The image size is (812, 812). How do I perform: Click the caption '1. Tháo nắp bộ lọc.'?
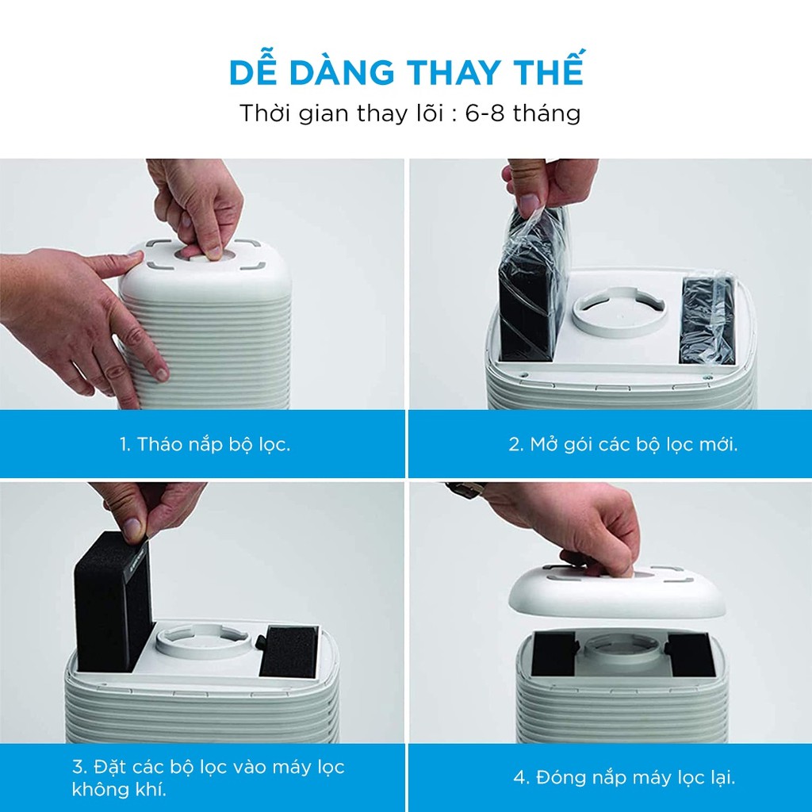205,444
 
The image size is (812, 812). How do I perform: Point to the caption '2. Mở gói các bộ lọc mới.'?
623,444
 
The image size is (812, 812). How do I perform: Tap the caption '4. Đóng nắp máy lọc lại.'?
625,777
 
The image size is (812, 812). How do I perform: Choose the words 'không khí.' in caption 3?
119,789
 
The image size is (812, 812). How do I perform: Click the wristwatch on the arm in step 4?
465,489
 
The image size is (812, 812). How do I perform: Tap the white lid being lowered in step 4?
616,593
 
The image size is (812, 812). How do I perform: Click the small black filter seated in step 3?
289,652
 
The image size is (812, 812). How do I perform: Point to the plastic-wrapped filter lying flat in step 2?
707,320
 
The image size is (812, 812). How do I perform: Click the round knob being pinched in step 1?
199,254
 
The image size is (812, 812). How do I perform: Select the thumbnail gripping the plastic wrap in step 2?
529,205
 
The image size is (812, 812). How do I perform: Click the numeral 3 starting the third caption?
77,767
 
